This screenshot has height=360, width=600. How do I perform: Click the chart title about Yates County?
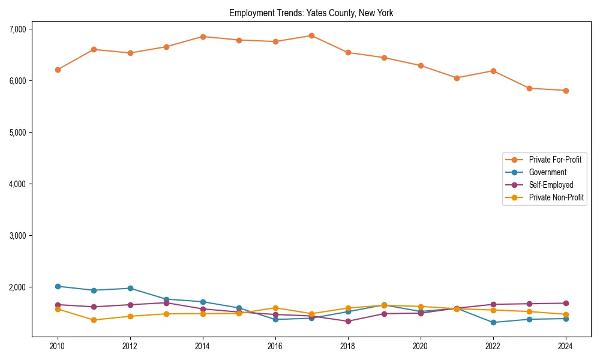(311, 13)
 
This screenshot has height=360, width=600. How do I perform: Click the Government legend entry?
(547, 172)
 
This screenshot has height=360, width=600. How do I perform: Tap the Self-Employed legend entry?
(551, 185)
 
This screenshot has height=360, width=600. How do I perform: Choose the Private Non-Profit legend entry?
(556, 197)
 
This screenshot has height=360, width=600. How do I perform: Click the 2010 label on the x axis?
(58, 346)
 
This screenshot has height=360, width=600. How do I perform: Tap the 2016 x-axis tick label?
(275, 346)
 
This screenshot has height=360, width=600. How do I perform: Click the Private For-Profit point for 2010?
(58, 70)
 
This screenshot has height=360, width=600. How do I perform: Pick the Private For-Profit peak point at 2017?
(311, 35)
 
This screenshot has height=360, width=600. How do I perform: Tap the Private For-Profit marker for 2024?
(566, 91)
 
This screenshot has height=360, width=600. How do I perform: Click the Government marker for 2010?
(58, 286)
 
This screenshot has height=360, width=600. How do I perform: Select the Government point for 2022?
(493, 322)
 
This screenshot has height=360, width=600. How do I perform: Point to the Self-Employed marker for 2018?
(348, 321)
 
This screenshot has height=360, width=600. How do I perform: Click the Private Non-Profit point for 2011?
(94, 320)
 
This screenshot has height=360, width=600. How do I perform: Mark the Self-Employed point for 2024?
(566, 303)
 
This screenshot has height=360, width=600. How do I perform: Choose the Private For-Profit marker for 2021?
(457, 78)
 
